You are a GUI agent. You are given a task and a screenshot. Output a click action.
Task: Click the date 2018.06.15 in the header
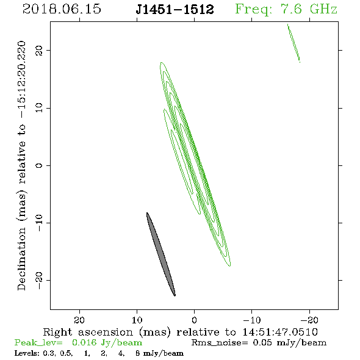(62, 9)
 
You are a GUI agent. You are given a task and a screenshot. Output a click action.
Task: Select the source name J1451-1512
(175, 9)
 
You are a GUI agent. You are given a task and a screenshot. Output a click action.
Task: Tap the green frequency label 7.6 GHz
(309, 9)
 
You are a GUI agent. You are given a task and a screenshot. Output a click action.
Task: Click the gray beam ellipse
(161, 254)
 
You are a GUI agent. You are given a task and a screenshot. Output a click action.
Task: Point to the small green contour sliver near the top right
(293, 43)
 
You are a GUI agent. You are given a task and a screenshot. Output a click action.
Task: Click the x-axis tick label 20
(79, 320)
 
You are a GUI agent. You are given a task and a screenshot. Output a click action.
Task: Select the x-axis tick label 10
(137, 320)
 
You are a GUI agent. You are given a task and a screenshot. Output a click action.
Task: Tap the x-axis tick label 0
(194, 320)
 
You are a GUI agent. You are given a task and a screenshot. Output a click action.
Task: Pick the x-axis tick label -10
(252, 320)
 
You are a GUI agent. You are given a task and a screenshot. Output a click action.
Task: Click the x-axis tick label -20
(309, 320)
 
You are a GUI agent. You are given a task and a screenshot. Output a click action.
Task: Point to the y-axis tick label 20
(39, 50)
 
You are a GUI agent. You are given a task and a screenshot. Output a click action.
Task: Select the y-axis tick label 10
(39, 108)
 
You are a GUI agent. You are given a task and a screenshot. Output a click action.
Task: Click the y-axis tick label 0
(39, 165)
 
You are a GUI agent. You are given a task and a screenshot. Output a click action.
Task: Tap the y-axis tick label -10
(39, 223)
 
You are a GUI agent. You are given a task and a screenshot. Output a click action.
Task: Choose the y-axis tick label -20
(39, 280)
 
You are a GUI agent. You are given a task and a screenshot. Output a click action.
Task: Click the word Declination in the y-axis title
(21, 259)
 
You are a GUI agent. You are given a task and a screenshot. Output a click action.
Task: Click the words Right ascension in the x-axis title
(88, 332)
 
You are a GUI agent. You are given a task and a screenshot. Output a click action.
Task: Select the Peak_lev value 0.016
(84, 342)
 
